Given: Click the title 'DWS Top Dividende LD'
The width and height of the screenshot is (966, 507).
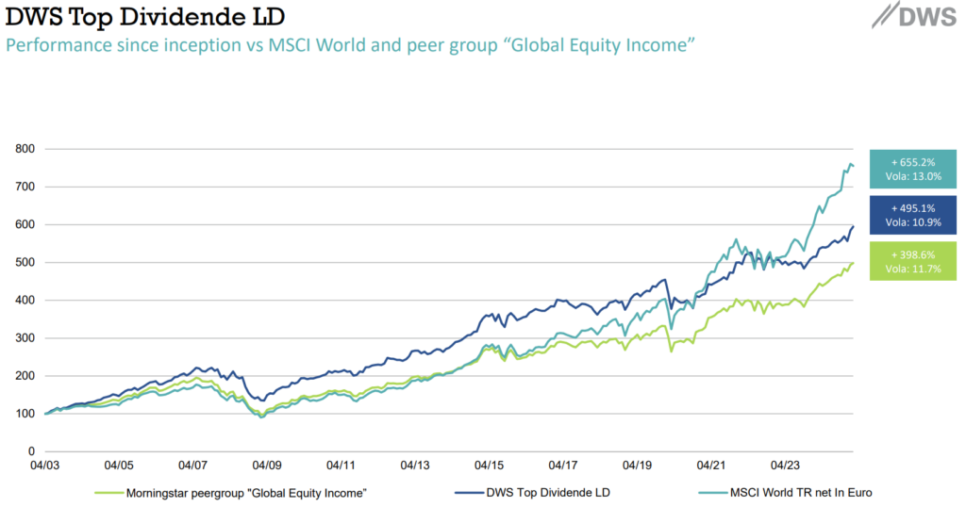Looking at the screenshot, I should coord(145,18).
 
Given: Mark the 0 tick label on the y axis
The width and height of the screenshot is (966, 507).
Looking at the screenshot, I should coord(31,451).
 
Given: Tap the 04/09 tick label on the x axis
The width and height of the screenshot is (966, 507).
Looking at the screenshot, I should coord(267,466).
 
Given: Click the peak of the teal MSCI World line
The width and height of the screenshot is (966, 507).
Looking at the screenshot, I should coord(849,165).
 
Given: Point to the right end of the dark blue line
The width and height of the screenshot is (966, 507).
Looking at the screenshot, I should coord(853,226).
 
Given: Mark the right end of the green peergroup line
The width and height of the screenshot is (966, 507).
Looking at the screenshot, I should coord(853,264).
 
